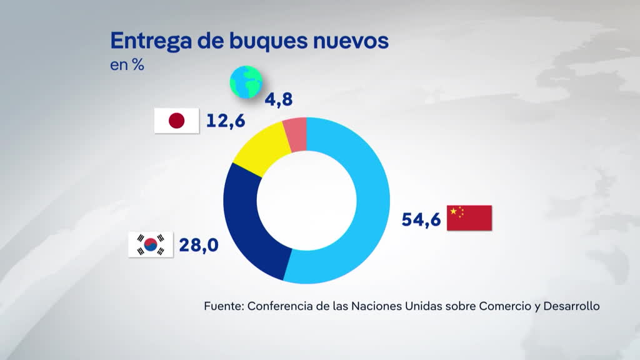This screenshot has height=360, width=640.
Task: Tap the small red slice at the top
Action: click(x=296, y=133)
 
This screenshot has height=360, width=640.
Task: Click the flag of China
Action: click(x=469, y=217)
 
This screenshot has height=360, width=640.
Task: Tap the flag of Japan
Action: click(x=177, y=121)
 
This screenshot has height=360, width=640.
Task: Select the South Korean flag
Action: click(x=150, y=244)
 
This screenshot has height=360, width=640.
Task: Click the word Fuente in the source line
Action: click(x=224, y=306)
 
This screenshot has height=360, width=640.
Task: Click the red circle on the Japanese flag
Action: click(x=177, y=121)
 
